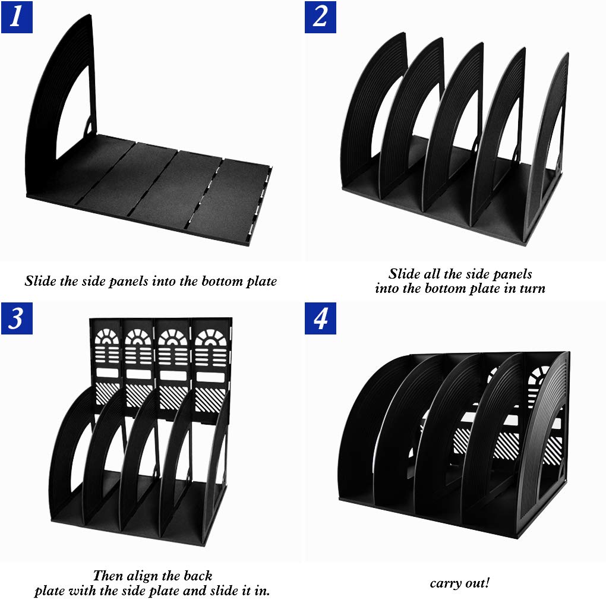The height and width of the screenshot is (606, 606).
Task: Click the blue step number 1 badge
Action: tap(17, 17)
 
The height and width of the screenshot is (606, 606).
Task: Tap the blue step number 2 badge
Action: tap(320, 17)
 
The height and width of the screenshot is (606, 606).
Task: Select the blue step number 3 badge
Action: tap(17, 318)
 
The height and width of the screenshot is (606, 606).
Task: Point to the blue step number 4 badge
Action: tap(320, 318)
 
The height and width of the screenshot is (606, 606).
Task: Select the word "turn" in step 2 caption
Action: tap(532, 288)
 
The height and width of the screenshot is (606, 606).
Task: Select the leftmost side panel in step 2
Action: tap(371, 112)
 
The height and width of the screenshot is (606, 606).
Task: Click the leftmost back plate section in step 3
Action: tap(106, 367)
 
